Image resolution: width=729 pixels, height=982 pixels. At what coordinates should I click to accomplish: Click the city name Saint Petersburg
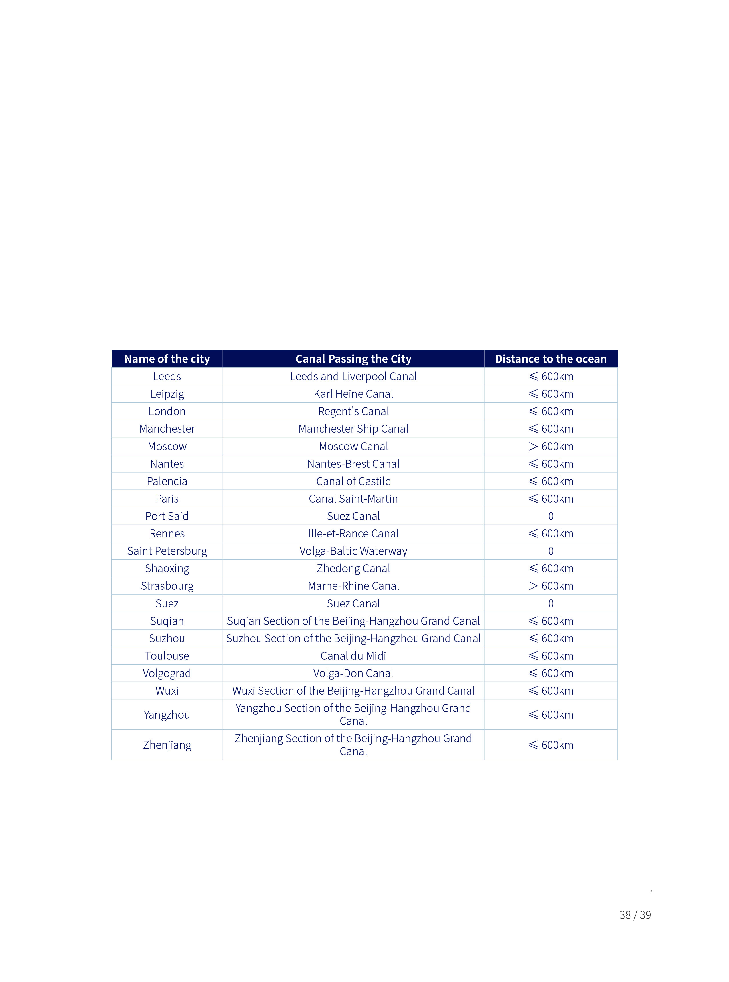(167, 551)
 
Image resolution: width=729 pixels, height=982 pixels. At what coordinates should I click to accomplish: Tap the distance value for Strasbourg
(550, 585)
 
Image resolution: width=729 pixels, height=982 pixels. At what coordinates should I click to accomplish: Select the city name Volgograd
(167, 673)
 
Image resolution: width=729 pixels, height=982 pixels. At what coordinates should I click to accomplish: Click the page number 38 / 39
(635, 915)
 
